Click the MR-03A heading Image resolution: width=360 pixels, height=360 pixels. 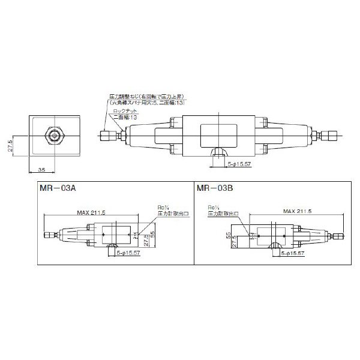click(x=57, y=188)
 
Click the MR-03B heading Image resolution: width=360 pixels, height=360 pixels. click(x=214, y=188)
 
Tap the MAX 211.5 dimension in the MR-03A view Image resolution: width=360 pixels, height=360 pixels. click(x=92, y=212)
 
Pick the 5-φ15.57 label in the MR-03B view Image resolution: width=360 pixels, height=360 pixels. click(x=293, y=254)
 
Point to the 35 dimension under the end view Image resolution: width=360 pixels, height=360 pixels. click(x=43, y=170)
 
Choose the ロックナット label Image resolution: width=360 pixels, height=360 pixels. click(x=124, y=111)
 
